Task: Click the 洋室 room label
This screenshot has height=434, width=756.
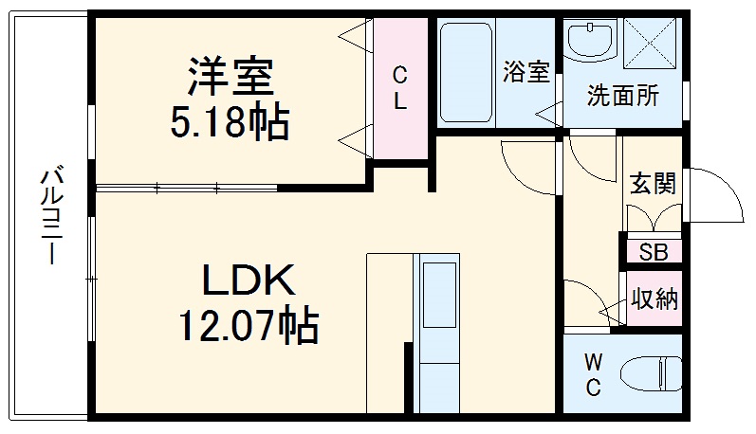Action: [x=230, y=76]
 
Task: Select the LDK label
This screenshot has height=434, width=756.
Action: [x=249, y=282]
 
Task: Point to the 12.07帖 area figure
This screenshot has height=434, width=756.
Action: [x=249, y=327]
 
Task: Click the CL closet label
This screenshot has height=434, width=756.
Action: [x=400, y=88]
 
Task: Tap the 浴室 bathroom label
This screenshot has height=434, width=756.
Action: [x=526, y=73]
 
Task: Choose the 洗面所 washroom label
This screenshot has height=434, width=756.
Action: [x=622, y=95]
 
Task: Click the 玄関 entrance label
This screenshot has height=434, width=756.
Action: [x=653, y=184]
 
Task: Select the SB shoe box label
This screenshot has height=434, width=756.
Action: [x=653, y=251]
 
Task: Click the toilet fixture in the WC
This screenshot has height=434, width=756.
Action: [x=655, y=372]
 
